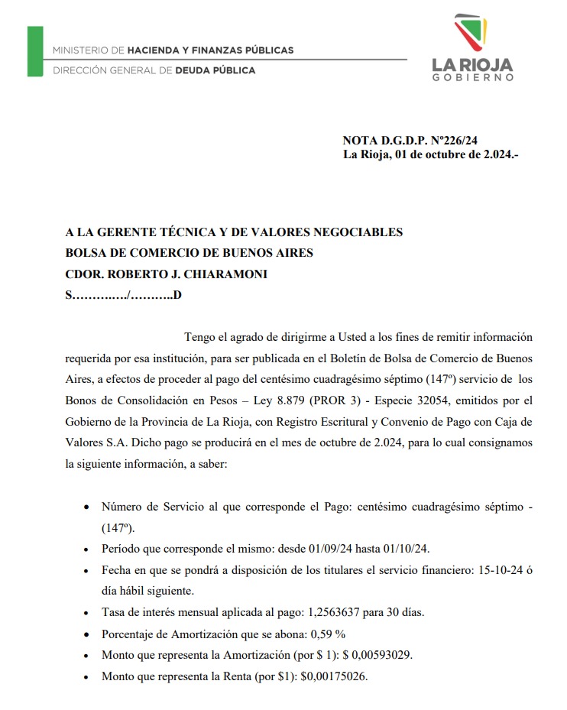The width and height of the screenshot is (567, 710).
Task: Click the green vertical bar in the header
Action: (35, 51)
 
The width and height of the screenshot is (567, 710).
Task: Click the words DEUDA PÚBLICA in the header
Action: (215, 70)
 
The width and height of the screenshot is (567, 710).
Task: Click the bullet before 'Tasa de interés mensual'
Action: (85, 613)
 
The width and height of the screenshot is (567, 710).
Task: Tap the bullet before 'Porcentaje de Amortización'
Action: (85, 634)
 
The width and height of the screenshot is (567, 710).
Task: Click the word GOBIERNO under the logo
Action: (472, 77)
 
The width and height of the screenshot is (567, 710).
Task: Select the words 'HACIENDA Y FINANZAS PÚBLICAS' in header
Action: (210, 50)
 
